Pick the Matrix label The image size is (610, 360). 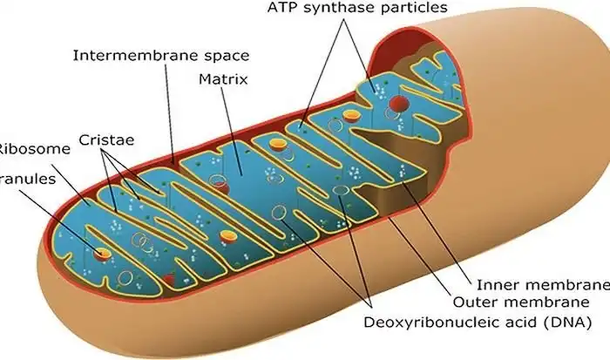(x=224, y=79)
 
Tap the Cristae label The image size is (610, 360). (x=105, y=139)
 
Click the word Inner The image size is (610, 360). (x=497, y=285)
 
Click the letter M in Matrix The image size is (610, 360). (x=203, y=79)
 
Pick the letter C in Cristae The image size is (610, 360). (x=85, y=139)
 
